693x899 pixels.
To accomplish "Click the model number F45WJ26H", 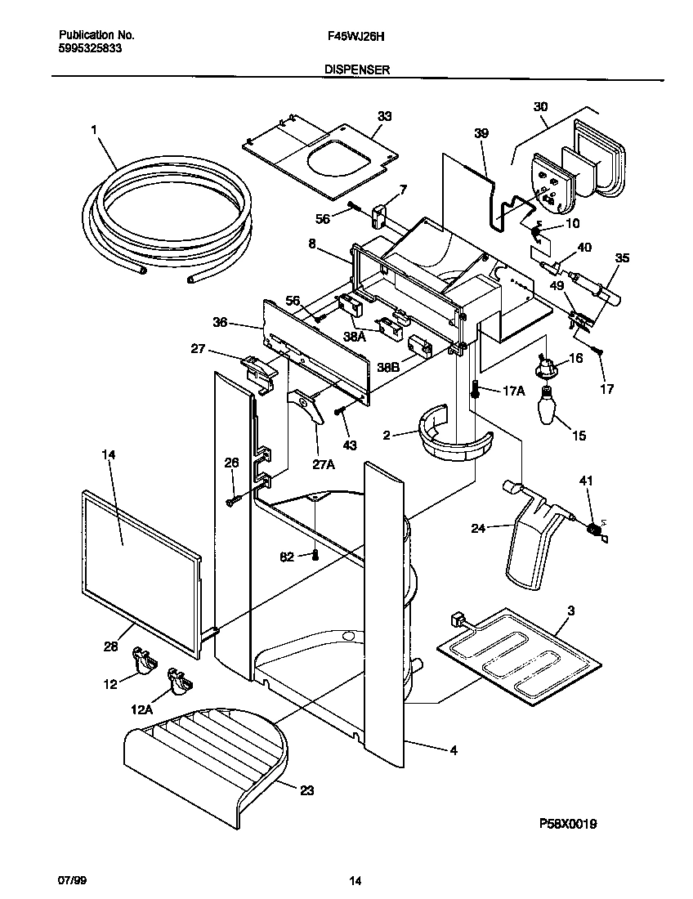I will pos(347,36).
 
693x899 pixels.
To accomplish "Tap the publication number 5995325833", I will pos(92,49).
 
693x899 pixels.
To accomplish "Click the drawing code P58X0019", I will pos(567,824).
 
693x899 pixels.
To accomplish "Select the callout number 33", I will pos(384,116).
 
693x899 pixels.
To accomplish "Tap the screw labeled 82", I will pos(315,556).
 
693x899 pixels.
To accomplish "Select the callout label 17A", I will pos(513,390).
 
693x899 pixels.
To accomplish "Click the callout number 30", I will pos(540,107).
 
